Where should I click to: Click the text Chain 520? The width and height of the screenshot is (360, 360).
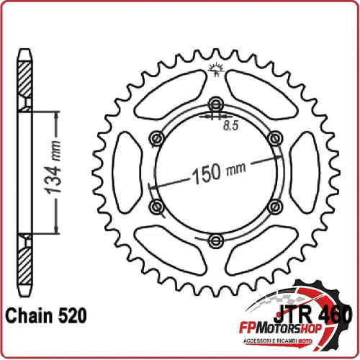(x=46, y=315)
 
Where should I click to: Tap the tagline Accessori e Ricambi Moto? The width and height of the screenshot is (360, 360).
(x=310, y=343)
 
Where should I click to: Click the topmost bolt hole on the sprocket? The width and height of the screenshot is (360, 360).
(x=215, y=102)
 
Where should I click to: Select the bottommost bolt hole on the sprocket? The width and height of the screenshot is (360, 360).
(x=215, y=240)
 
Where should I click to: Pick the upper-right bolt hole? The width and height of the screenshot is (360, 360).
(x=274, y=137)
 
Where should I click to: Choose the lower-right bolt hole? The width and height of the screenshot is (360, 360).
(x=274, y=206)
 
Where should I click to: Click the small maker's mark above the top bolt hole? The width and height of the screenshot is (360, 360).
(x=214, y=70)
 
